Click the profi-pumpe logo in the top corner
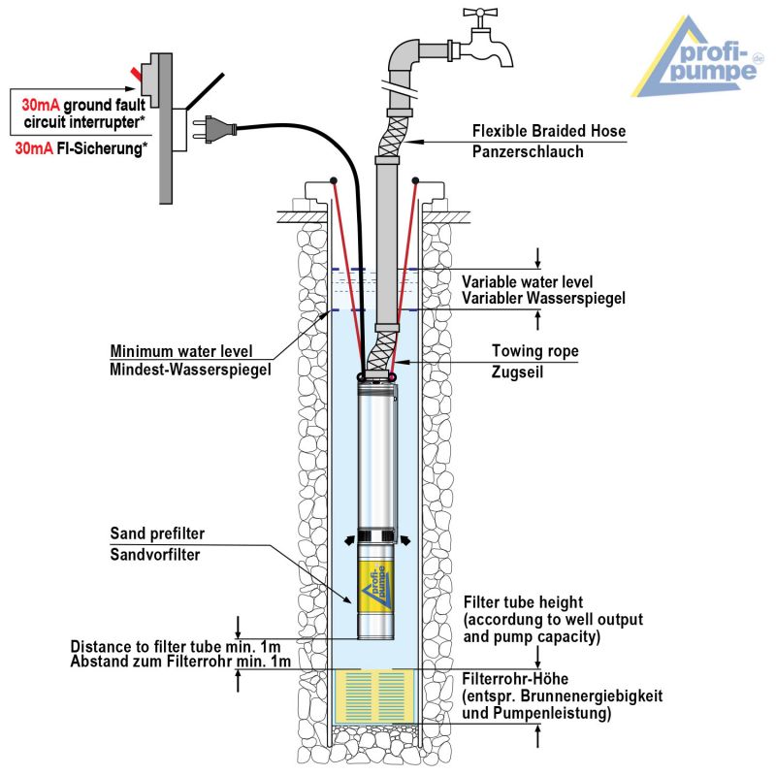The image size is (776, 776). pos(698,56)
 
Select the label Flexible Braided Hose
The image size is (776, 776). pos(549,131)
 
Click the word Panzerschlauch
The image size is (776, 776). pos(528,151)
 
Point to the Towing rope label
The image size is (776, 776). pos(535,351)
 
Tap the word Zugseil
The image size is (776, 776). pos(517,372)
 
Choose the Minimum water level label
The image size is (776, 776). pos(181,351)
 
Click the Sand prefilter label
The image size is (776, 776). pos(157,533)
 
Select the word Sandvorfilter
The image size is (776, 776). pos(155,554)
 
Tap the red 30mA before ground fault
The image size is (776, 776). pos(41,105)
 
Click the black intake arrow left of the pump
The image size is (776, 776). pos(349,540)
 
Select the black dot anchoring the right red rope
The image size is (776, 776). pos(415,180)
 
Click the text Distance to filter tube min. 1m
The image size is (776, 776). pos(176,646)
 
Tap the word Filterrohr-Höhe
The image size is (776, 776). pos(515,678)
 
